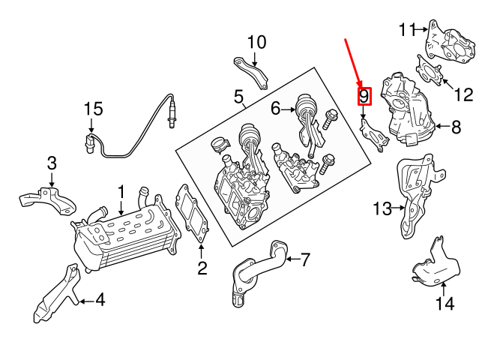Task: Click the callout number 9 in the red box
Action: pyautogui.click(x=364, y=97)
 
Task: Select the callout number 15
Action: pyautogui.click(x=92, y=109)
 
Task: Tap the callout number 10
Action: pyautogui.click(x=256, y=43)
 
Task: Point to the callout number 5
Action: pyautogui.click(x=238, y=96)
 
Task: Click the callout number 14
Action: pyautogui.click(x=445, y=304)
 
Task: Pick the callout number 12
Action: pyautogui.click(x=464, y=94)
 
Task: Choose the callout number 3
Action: pyautogui.click(x=52, y=163)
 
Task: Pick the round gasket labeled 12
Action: pyautogui.click(x=428, y=72)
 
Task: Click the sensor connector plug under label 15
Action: pyautogui.click(x=91, y=142)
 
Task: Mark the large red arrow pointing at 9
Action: pyautogui.click(x=352, y=60)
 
